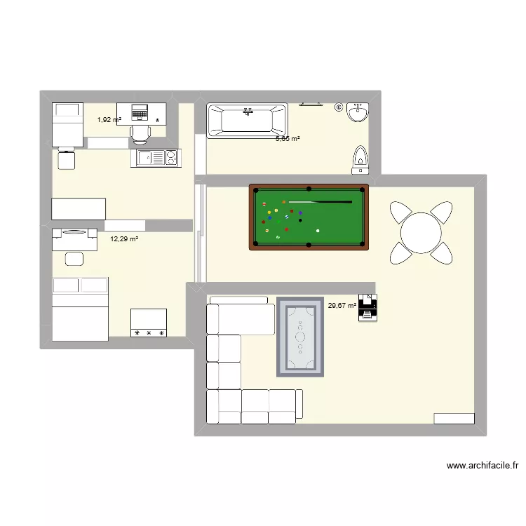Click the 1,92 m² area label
point(109,120)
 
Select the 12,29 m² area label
point(123,239)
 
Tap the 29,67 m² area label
point(342,305)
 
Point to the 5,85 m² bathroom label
point(288,139)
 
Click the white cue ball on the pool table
point(318,230)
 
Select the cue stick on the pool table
point(320,202)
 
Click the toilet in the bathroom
point(361,159)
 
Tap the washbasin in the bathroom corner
point(358,112)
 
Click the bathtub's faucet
point(247,110)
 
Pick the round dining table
point(419,231)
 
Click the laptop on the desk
point(141,111)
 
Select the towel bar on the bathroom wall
point(311,104)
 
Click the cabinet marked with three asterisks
point(149,322)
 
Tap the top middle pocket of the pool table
point(309,188)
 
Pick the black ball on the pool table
point(301,220)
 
